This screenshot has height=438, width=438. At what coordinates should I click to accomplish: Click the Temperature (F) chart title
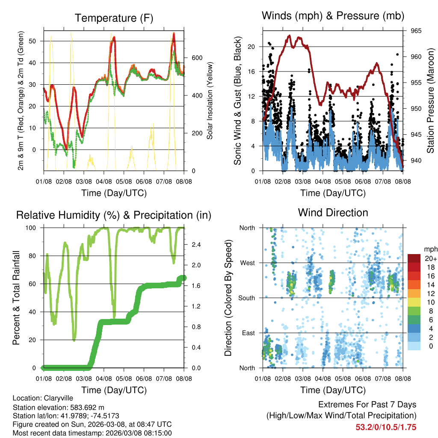click(x=114, y=18)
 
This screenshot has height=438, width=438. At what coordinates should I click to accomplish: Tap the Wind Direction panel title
click(x=333, y=213)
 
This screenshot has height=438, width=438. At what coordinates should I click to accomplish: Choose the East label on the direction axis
click(x=248, y=333)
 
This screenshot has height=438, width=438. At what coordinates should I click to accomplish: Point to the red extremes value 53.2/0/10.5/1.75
click(x=386, y=427)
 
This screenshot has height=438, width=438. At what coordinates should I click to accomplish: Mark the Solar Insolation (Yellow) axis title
click(x=210, y=101)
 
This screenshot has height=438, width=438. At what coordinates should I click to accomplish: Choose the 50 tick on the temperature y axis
click(x=36, y=41)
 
